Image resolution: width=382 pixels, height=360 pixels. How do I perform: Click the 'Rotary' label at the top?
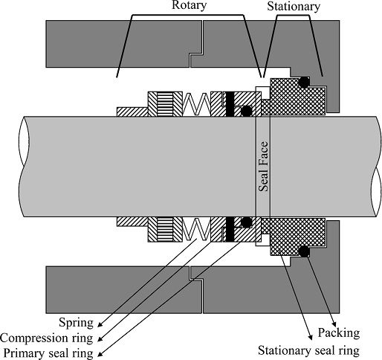coord(189,5)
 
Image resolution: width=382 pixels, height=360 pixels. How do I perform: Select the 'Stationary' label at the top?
coord(294,7)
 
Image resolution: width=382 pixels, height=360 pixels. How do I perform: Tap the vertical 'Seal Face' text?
coord(263,167)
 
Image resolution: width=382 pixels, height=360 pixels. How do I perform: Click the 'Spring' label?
coord(76,323)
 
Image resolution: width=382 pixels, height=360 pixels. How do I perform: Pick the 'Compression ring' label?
coord(47,338)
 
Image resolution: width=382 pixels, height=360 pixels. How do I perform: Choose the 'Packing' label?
coord(339,333)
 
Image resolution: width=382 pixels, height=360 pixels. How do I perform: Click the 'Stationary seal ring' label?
coord(308,351)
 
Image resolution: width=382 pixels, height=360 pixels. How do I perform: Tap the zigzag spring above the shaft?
coord(196,104)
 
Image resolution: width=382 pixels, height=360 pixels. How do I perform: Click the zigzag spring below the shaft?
coord(196,229)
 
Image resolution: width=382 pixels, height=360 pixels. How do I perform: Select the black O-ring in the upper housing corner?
coord(304,82)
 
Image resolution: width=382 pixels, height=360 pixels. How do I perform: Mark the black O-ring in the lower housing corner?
coord(304,251)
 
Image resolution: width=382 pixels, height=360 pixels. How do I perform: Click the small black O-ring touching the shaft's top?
coord(246,112)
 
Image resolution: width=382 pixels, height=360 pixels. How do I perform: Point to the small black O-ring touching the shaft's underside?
coord(246,222)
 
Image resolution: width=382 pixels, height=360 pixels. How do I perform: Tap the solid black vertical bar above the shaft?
coord(230,104)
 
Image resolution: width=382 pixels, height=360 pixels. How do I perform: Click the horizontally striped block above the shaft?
coord(165,104)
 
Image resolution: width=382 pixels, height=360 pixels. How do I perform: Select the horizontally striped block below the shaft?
coord(165,230)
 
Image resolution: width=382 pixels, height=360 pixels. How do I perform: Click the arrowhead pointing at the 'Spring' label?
coord(100,324)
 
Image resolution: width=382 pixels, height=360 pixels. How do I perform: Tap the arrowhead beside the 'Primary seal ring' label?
coord(100,354)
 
